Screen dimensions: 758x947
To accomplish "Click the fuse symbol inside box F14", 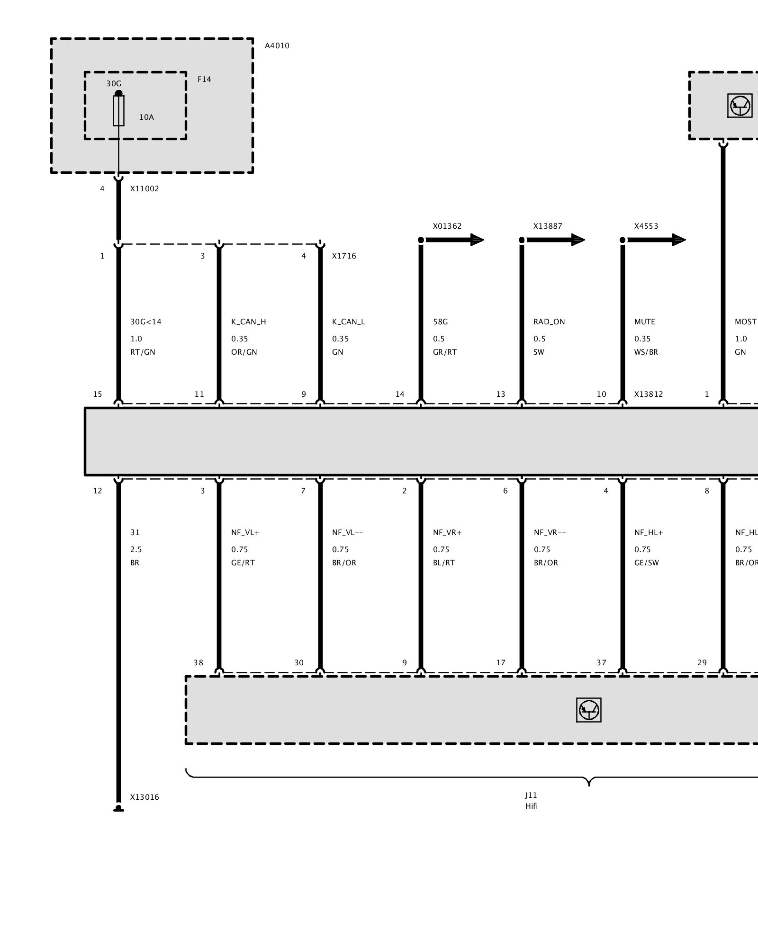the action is click(118, 110).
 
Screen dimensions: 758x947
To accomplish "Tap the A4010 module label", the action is click(277, 46).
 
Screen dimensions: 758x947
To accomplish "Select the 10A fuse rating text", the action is click(146, 117).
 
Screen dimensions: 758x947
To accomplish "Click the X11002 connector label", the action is click(144, 188).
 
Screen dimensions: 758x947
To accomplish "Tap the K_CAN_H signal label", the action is click(249, 322).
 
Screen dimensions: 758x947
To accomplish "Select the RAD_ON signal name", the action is click(549, 322).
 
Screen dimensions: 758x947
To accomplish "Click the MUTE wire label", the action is click(645, 322).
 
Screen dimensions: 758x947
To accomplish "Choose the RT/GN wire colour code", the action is click(143, 352).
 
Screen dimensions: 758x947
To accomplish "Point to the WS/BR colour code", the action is click(646, 352).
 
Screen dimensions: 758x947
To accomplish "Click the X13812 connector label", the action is click(649, 394).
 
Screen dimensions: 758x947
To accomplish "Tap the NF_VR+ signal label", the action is click(447, 533).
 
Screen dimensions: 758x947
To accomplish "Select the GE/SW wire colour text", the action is click(647, 563).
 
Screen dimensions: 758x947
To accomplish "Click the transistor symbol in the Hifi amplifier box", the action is click(589, 710).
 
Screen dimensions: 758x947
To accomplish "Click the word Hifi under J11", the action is click(532, 806).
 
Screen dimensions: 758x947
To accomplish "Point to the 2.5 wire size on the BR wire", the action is click(136, 550).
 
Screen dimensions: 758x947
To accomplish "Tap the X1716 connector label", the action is click(344, 256).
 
